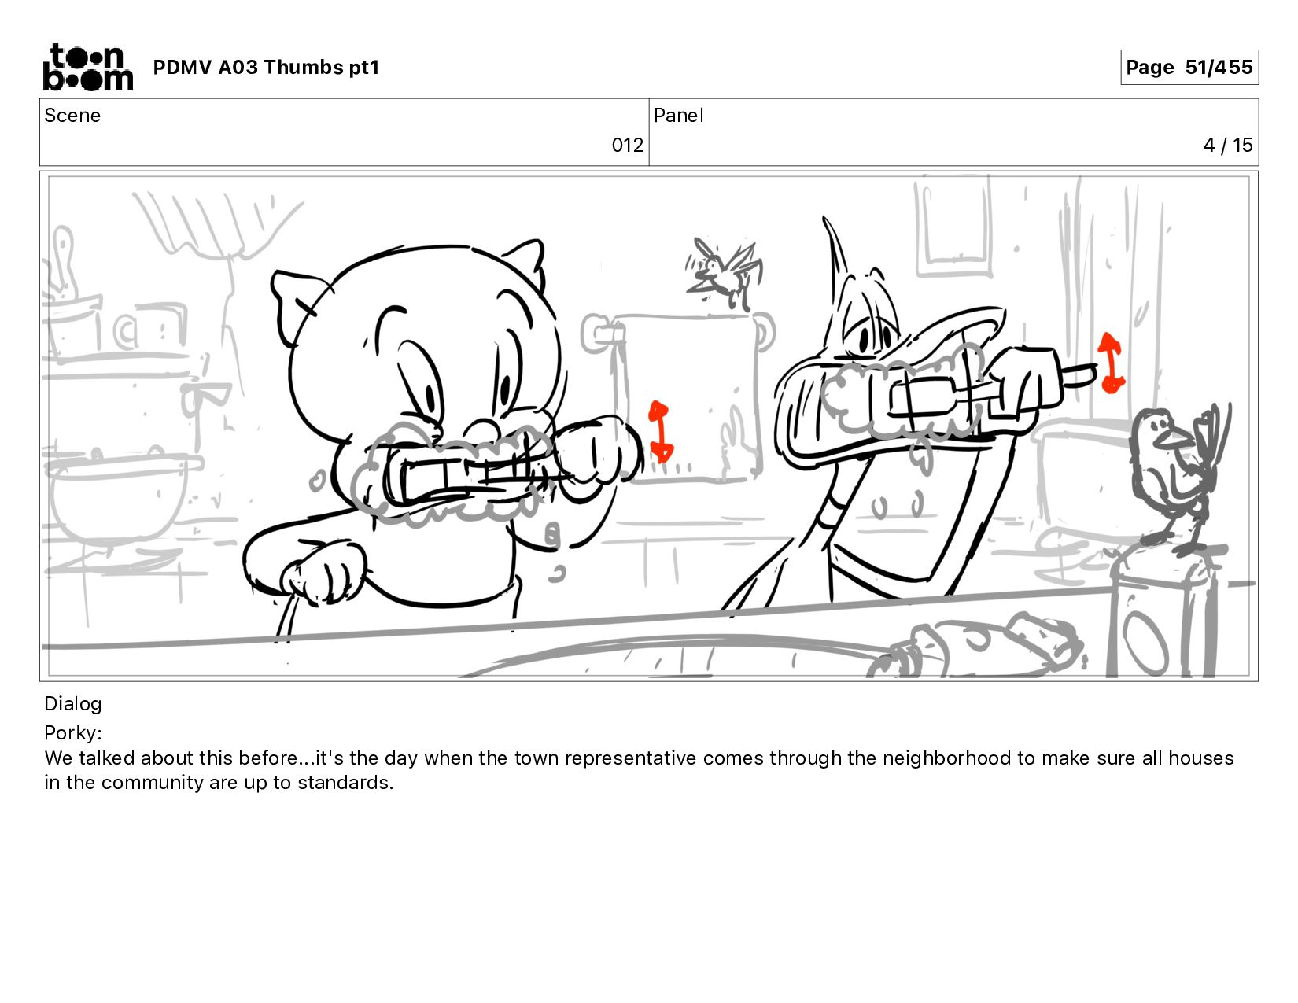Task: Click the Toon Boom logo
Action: click(88, 67)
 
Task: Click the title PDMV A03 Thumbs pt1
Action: click(267, 67)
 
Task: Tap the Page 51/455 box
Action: click(1189, 67)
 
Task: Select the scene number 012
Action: click(627, 146)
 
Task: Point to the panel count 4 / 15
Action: click(1227, 146)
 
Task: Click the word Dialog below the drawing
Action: click(73, 704)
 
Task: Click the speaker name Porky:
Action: click(73, 732)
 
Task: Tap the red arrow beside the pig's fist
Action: click(660, 431)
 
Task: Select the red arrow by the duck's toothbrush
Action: click(1111, 363)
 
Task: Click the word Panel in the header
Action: click(679, 116)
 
